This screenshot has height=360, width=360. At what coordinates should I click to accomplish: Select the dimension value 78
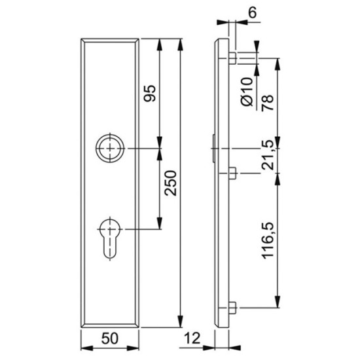(x=267, y=100)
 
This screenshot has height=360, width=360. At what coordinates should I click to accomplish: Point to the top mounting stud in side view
(x=232, y=58)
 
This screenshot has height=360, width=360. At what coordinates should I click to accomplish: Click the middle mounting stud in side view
(x=232, y=173)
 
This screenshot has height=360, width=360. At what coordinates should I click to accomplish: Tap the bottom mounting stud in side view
(x=232, y=306)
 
